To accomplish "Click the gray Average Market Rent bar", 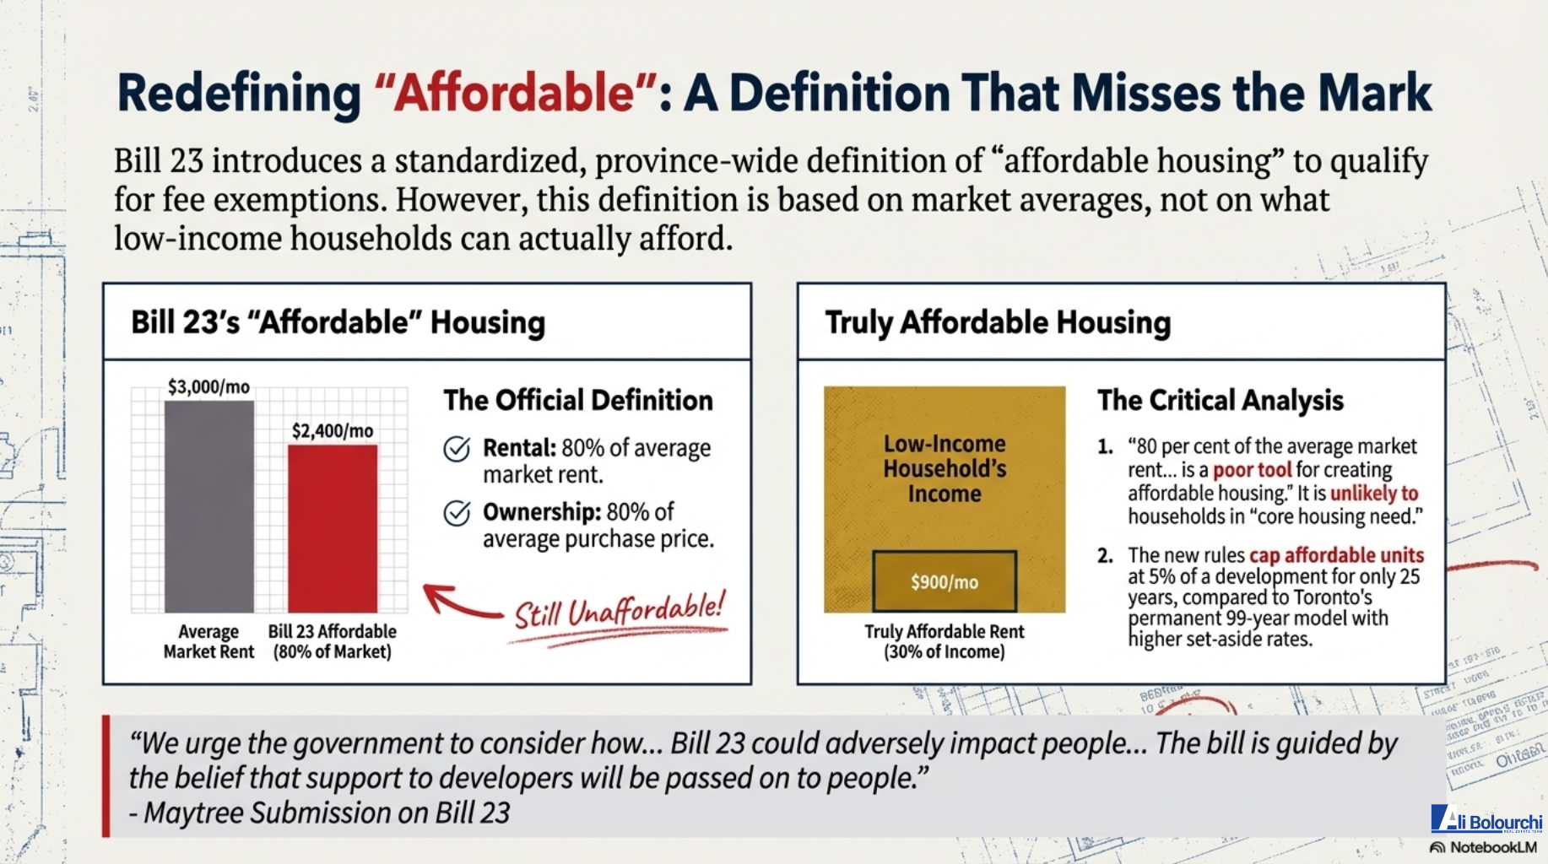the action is coord(209,506).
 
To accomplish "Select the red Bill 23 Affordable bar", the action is coord(333,528).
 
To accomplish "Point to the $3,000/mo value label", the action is coord(208,386).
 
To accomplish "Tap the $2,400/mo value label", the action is coord(333,430).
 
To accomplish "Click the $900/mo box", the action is coord(944,581).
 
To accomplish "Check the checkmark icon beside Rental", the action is coord(457,449).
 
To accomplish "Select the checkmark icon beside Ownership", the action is coord(457,512).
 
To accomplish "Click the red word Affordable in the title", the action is coord(515,92).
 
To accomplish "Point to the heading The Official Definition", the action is coord(578,400).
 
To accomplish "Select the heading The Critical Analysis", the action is coord(1221,400).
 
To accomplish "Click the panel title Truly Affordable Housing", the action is coord(998,322).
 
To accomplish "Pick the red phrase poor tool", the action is coord(1252,470).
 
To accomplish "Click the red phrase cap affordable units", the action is coord(1336,555).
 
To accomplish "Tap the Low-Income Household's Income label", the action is coord(944,468).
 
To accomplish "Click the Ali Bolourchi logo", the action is coord(1486,819).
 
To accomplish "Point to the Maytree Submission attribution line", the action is coord(320,813).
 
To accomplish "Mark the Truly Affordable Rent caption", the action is coord(944,641).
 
